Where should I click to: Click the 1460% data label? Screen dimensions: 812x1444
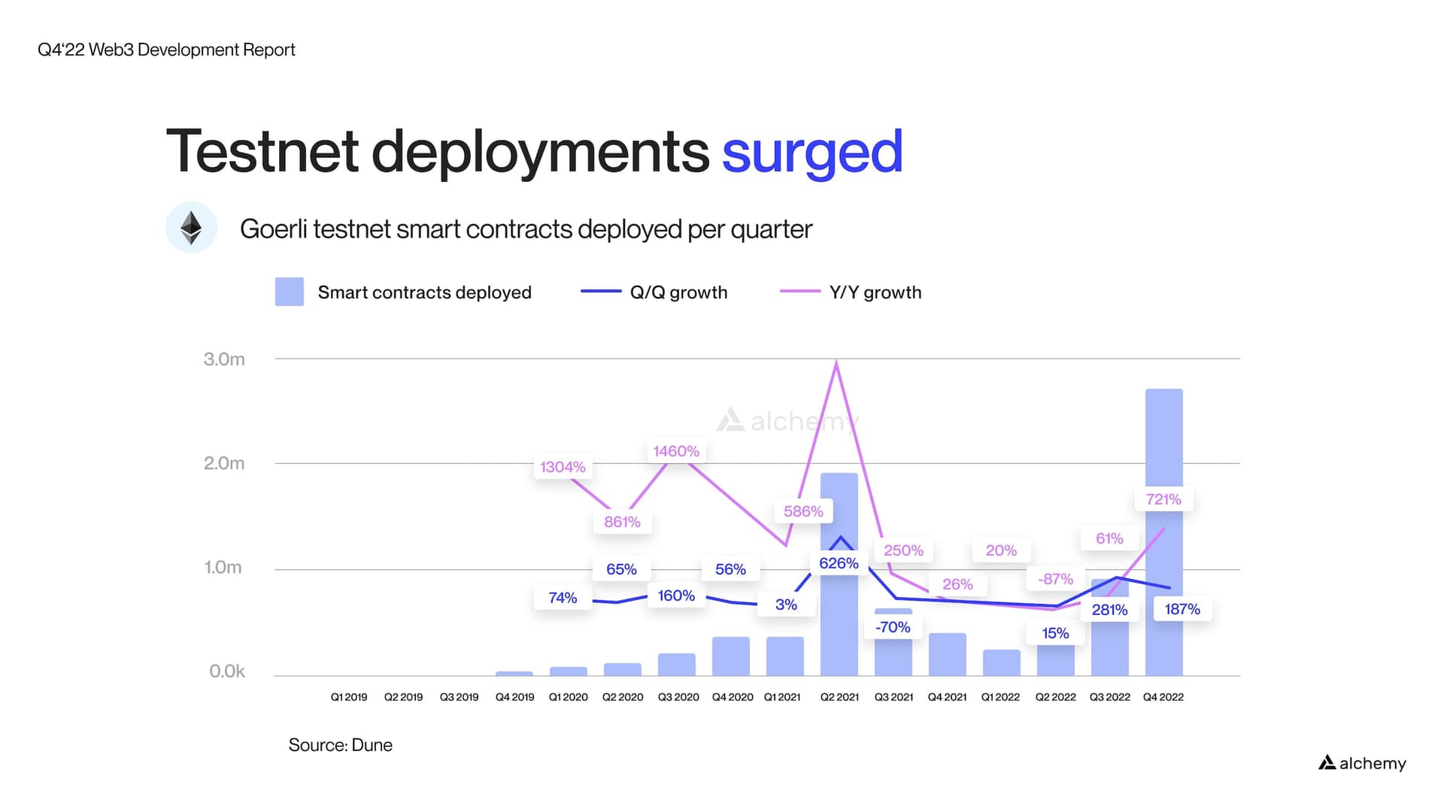coord(676,451)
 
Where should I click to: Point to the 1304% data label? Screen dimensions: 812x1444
coord(563,467)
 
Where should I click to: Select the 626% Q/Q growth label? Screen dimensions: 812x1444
coord(839,563)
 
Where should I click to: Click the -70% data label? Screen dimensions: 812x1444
coord(893,627)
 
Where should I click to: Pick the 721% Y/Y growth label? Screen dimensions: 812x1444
coord(1163,499)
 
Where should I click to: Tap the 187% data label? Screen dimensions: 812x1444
coord(1182,609)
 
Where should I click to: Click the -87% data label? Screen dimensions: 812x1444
coord(1055,579)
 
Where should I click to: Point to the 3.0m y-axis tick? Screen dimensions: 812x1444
coord(224,359)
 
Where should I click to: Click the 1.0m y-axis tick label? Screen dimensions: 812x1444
coord(223,568)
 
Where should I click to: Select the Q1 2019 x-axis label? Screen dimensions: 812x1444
coord(349,697)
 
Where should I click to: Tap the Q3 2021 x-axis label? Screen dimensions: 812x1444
coord(893,697)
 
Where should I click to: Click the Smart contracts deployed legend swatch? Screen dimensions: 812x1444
coord(290,292)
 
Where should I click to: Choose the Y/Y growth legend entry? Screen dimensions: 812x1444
coord(875,292)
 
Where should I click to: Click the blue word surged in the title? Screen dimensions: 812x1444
coord(812,153)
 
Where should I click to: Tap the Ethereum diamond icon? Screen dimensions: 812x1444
coord(191,227)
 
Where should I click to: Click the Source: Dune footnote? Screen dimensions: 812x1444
coord(340,745)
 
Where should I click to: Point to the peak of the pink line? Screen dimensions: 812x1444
coord(836,363)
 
